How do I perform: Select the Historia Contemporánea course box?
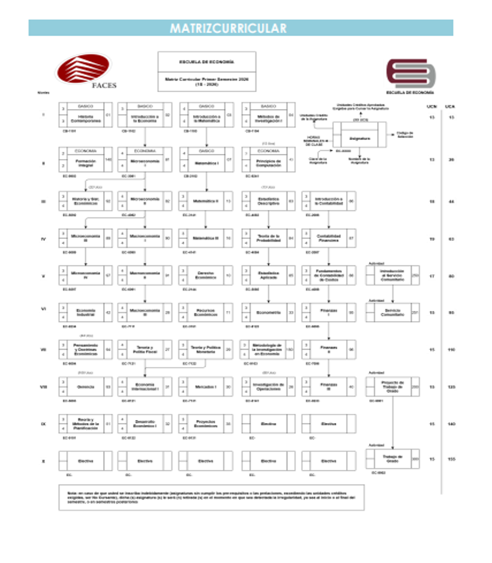tap(85, 117)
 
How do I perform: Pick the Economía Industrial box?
tap(85, 312)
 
